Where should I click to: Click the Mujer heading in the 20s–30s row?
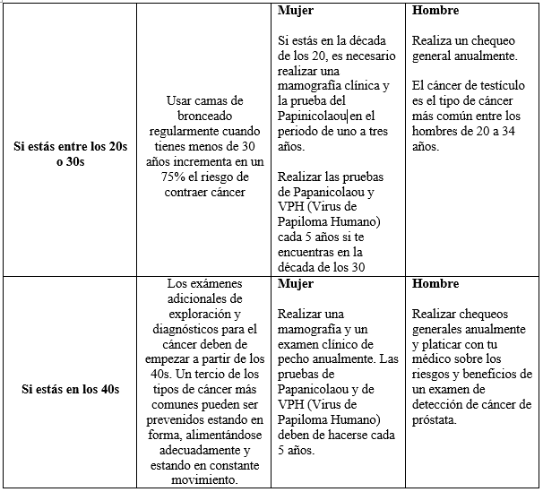click(296, 12)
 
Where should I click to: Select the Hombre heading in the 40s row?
click(435, 284)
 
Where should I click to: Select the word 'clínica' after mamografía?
click(367, 85)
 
